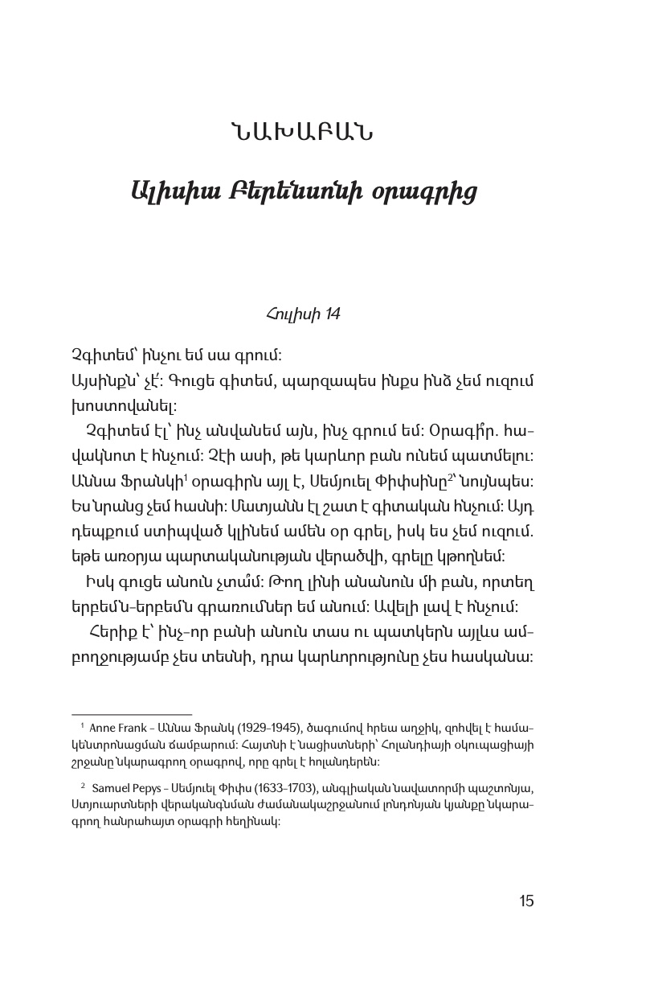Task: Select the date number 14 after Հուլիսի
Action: pyautogui.click(x=331, y=314)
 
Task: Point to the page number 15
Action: pyautogui.click(x=526, y=901)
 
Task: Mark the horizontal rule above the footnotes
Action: pyautogui.click(x=132, y=713)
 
